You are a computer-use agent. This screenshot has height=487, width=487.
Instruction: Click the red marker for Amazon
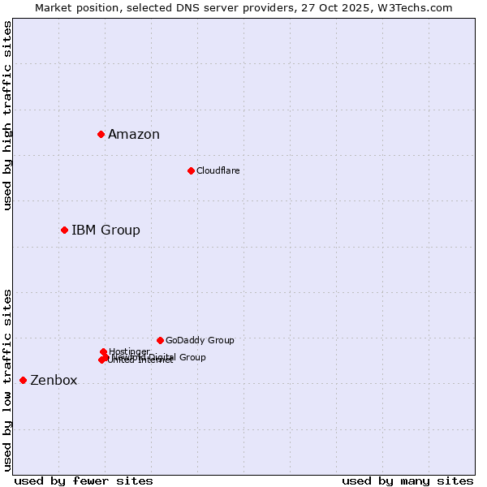tap(101, 134)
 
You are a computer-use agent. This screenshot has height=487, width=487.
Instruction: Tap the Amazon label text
tap(134, 135)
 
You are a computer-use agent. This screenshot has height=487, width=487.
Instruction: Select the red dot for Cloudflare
tap(191, 170)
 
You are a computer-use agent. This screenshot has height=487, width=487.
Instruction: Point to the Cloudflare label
tap(218, 170)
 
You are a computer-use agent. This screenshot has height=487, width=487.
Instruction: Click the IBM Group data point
tap(64, 230)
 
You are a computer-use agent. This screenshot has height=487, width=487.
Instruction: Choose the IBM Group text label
tap(106, 231)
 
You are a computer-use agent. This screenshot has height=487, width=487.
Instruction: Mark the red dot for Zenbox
tap(23, 380)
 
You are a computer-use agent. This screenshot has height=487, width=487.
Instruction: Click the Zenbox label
tap(54, 381)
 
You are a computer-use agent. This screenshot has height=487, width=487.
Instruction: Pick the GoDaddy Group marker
tap(160, 340)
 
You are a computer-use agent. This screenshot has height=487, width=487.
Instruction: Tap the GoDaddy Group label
tap(200, 341)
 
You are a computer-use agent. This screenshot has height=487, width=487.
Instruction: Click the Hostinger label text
tap(129, 351)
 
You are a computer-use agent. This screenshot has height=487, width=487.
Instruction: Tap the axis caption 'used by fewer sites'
tap(84, 481)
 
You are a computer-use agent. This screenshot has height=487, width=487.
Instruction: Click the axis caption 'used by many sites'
tap(407, 481)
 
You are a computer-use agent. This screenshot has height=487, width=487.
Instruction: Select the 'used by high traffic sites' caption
tap(7, 115)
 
